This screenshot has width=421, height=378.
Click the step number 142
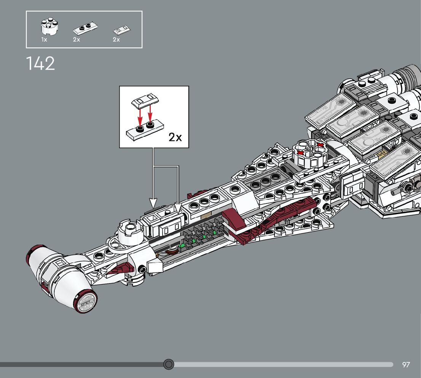coord(40,63)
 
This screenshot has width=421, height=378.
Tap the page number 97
coord(406,365)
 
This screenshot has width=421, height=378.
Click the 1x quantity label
coord(44,40)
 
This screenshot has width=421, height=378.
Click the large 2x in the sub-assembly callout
coord(175,137)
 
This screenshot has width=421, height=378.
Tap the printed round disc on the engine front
coord(86,303)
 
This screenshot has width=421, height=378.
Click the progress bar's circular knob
coord(169,365)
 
